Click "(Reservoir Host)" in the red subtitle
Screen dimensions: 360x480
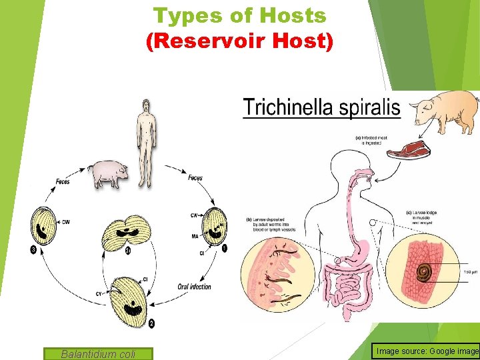239,41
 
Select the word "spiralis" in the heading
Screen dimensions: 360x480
370,108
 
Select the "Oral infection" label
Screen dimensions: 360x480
194,287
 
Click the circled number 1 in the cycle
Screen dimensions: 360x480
224,249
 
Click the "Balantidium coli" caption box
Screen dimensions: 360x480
98,354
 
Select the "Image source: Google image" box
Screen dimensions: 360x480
427,351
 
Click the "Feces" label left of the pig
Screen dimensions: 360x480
63,181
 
